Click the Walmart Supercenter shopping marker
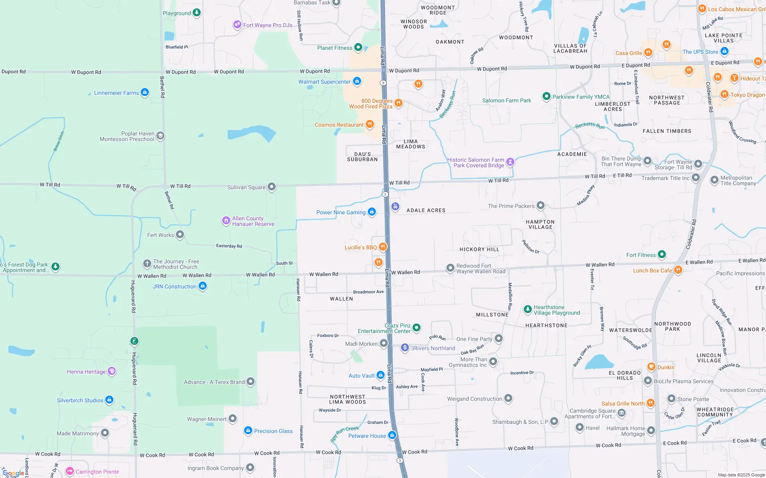pos(357,81)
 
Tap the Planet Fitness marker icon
pos(358,47)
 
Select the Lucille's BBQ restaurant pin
pos(383,247)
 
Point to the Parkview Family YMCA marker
pos(546,96)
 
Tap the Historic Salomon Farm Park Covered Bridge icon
pos(510,162)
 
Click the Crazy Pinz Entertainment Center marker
pos(417,328)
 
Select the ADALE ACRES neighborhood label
pos(426,210)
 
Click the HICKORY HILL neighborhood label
pos(479,249)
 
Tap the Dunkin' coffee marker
pos(651,366)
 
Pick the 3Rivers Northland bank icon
pos(405,348)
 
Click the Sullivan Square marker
pos(272,187)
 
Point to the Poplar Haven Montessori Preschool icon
pos(160,136)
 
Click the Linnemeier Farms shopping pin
pos(145,92)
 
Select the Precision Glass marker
pos(248,431)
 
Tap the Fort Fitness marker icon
pos(662,254)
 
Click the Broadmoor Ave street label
pos(368,292)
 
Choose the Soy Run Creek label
pos(345,434)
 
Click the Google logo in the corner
pos(13,473)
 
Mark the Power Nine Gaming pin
pos(372,212)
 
